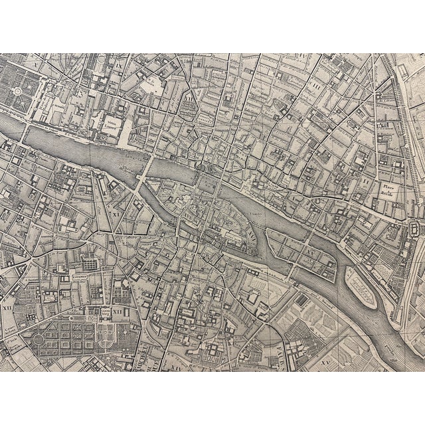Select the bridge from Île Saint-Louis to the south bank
coord(292,269)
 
